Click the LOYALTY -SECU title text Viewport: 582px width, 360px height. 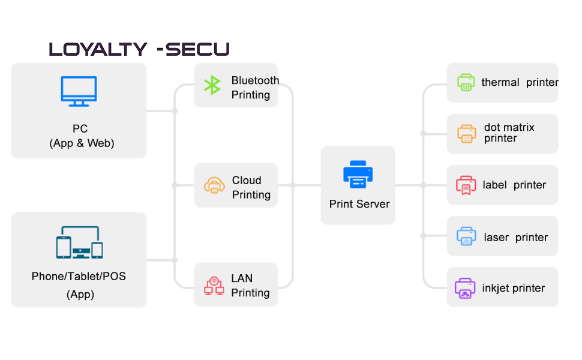[139, 49]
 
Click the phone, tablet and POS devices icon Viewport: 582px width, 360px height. [79, 243]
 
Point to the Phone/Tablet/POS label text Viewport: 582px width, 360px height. [79, 277]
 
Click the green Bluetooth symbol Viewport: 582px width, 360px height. [212, 85]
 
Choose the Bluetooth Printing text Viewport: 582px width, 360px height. [255, 88]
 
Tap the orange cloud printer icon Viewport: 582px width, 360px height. [214, 185]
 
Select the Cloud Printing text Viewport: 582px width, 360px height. [251, 187]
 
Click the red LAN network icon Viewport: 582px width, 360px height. [214, 286]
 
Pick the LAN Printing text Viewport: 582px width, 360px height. [250, 286]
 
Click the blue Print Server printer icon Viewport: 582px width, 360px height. [358, 175]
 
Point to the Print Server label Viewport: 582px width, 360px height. [359, 204]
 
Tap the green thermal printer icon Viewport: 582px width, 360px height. [466, 83]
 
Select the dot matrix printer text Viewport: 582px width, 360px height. [509, 133]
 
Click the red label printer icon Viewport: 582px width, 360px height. [466, 185]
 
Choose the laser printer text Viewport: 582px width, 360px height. [515, 238]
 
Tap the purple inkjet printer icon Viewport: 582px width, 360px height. [465, 289]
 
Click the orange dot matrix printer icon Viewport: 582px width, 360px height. [466, 134]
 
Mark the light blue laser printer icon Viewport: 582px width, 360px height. [466, 236]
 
